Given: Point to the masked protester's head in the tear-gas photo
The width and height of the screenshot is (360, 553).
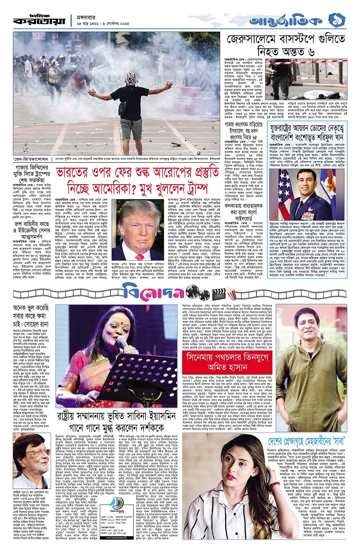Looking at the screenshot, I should click(132, 78).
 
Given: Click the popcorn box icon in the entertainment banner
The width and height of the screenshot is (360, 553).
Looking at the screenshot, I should click(230, 293).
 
